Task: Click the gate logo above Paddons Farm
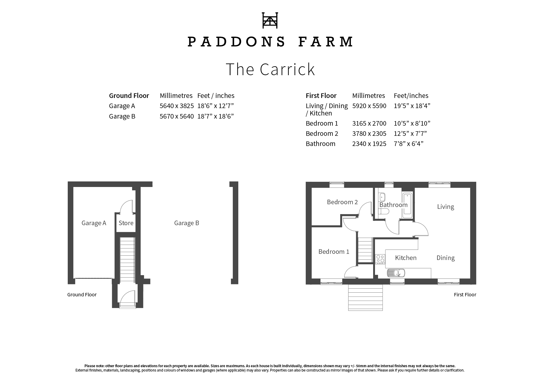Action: [x=270, y=20]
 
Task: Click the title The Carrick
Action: [x=270, y=69]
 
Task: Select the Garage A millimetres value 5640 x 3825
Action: [x=177, y=106]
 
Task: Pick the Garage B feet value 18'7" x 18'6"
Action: [x=216, y=116]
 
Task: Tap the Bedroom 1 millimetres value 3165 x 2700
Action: [x=369, y=124]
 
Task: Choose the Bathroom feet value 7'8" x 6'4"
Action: [x=409, y=144]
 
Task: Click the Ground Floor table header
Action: [x=129, y=95]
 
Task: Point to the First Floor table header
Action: [x=321, y=95]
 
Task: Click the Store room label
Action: [x=126, y=223]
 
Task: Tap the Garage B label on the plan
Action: [x=187, y=223]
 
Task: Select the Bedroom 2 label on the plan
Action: [x=342, y=202]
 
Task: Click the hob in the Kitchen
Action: [x=380, y=259]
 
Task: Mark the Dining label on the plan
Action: [x=445, y=258]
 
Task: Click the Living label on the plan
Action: [x=445, y=207]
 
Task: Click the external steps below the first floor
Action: [x=365, y=297]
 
